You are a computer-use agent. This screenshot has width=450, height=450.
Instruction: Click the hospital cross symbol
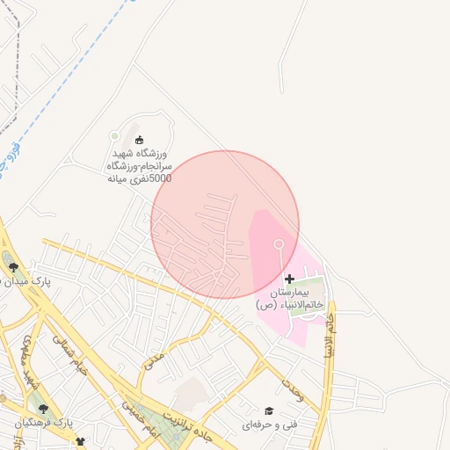(x=290, y=279)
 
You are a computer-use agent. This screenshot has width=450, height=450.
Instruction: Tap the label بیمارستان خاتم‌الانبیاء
(x=290, y=297)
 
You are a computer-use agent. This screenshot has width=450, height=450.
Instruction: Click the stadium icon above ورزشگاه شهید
(x=139, y=139)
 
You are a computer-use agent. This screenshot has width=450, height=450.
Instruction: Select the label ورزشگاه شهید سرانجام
(x=139, y=165)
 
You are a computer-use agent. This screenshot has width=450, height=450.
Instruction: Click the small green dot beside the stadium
(x=115, y=135)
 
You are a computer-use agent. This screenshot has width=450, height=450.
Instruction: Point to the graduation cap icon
(x=269, y=411)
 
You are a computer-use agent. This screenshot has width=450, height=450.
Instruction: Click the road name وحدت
(x=292, y=391)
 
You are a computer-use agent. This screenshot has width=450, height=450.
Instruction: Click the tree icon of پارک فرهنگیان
(x=40, y=407)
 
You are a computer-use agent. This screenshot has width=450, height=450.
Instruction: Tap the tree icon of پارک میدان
(x=13, y=268)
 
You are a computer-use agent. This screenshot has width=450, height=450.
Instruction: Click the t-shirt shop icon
(x=81, y=442)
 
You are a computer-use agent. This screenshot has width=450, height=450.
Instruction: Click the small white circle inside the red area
(x=279, y=243)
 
